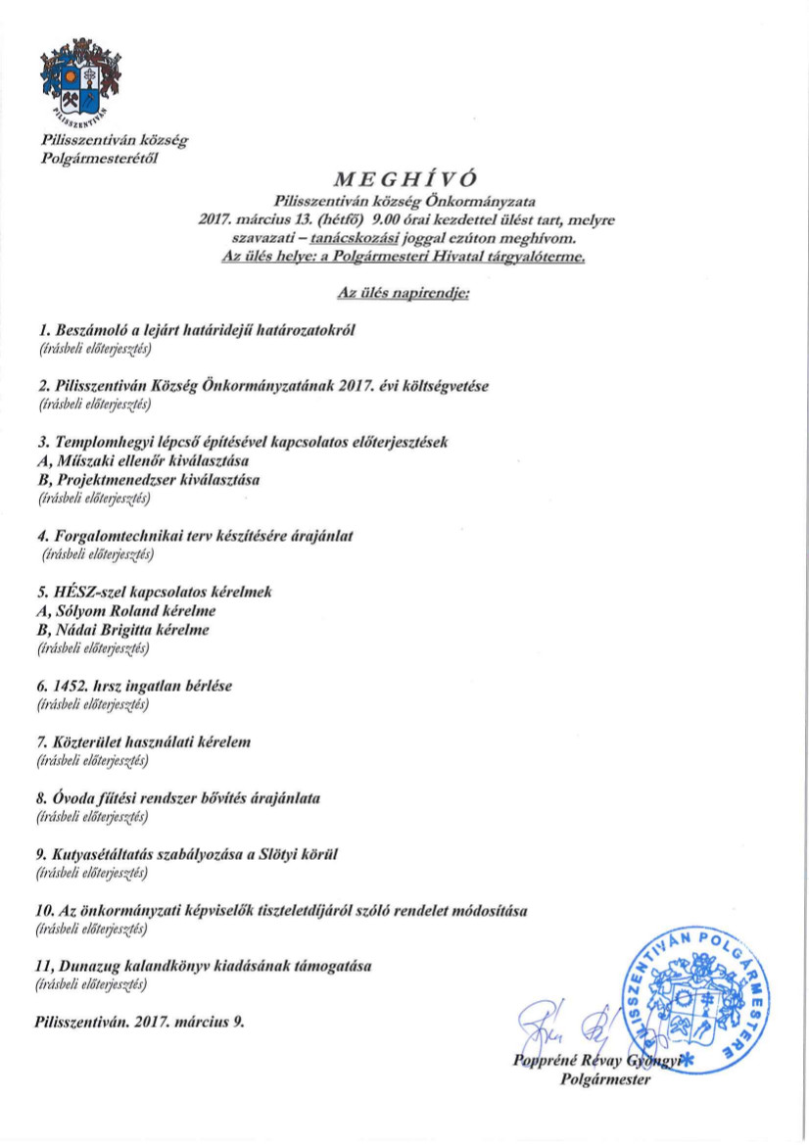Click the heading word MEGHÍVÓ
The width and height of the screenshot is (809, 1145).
(x=404, y=178)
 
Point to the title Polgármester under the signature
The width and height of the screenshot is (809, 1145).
(x=606, y=1079)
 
